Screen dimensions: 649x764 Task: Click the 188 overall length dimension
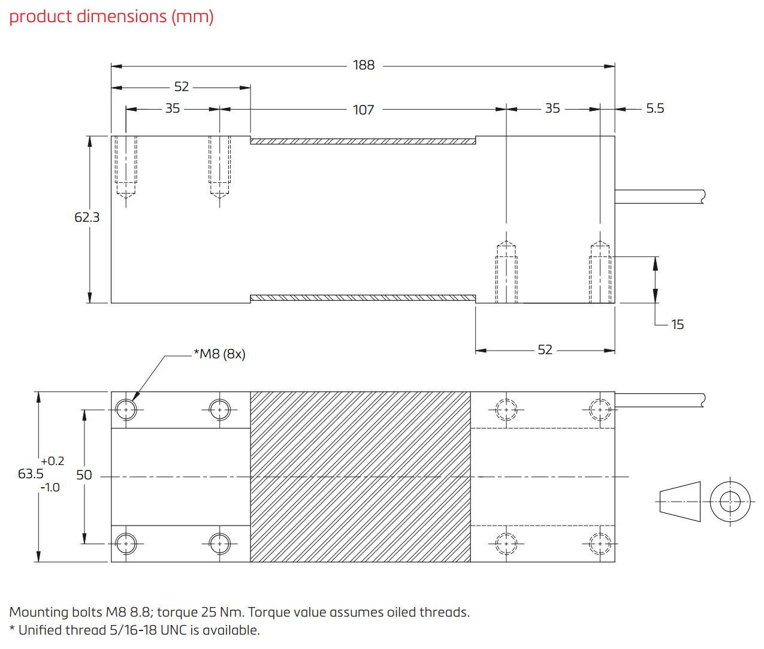[363, 65]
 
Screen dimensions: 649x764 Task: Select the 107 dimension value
[363, 110]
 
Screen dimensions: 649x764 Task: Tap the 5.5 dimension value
[654, 108]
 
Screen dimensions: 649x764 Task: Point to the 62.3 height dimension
[87, 218]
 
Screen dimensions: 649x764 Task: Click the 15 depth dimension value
[677, 324]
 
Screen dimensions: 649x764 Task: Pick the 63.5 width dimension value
[31, 473]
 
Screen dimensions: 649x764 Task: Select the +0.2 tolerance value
[52, 461]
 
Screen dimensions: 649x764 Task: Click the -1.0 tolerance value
[50, 487]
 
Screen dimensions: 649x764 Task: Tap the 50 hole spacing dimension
[84, 475]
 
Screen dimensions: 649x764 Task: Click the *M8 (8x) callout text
[219, 354]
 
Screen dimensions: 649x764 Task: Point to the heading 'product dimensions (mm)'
[111, 16]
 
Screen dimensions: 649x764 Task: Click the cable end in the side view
[702, 196]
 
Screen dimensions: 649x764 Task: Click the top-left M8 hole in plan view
[126, 410]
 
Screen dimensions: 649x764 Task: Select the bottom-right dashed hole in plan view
[599, 544]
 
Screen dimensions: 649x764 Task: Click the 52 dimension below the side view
[545, 349]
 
